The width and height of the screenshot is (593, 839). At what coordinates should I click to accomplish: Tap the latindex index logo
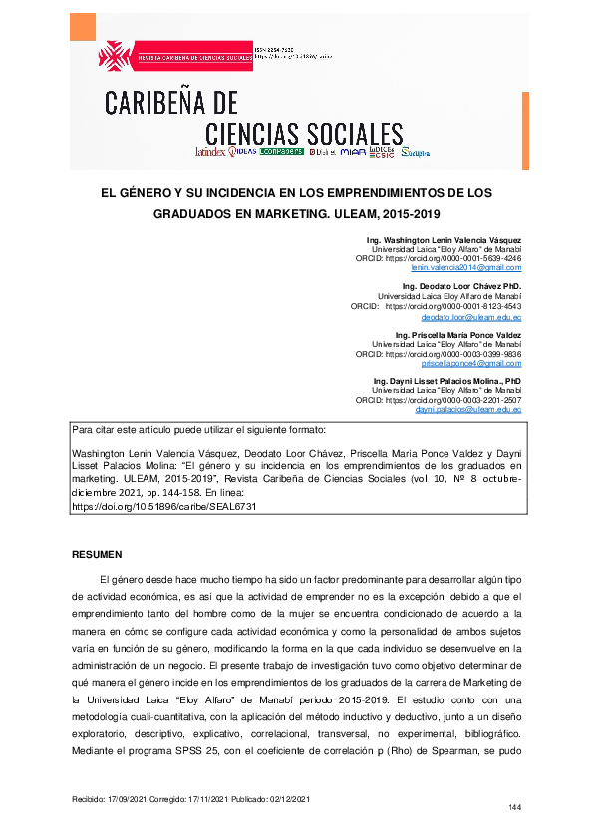coord(211,153)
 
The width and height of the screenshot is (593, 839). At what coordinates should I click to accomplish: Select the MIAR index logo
coord(352,153)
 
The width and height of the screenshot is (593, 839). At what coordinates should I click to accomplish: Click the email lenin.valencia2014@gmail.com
coord(466,268)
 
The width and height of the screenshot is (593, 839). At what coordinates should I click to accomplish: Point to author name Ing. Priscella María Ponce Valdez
coord(457,334)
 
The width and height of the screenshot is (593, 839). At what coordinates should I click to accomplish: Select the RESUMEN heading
coord(97,553)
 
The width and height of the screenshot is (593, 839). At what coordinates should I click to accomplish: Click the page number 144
coord(515,806)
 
